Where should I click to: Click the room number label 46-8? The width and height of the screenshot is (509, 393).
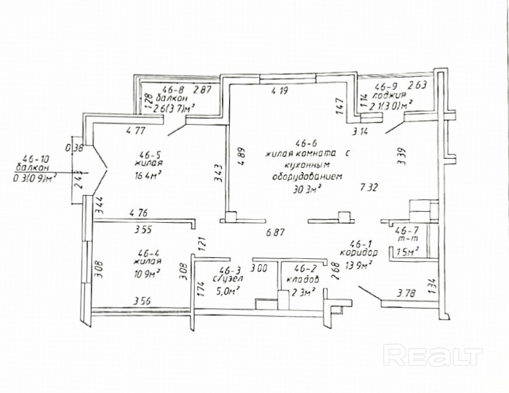pos(173,90)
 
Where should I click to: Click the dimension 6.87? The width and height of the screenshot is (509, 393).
pos(276,232)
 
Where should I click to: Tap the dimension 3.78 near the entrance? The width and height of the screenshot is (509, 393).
pos(407,293)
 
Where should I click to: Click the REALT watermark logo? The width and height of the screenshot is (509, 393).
pos(433,355)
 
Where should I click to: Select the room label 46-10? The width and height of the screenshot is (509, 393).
pos(35,158)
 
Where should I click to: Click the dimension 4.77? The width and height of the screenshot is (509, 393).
pos(136,131)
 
